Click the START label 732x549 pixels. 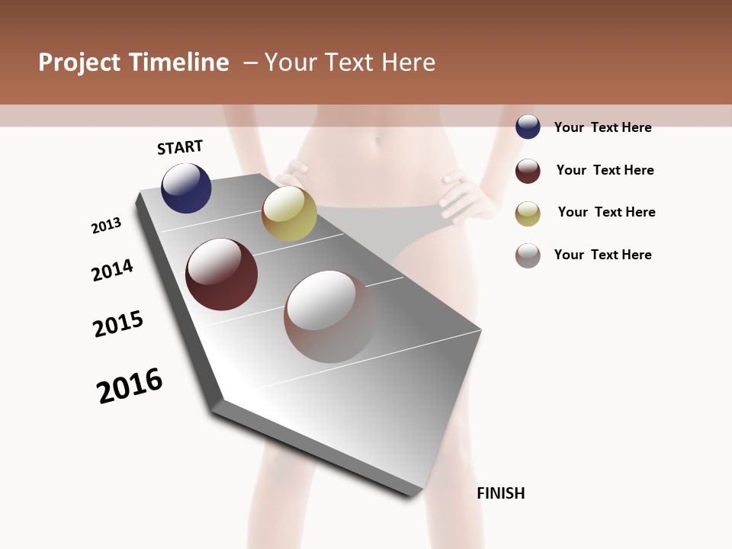[180, 147]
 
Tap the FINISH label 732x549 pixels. [501, 493]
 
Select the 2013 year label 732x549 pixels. [106, 226]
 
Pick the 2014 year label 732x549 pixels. [112, 271]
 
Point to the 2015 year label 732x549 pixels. [118, 325]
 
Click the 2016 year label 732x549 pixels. [130, 386]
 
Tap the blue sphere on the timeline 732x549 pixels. [186, 188]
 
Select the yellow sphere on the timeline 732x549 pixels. [289, 214]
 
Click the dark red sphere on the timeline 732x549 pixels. [221, 274]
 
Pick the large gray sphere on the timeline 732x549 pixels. [329, 316]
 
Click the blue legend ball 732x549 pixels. [528, 127]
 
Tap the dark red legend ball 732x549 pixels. [528, 171]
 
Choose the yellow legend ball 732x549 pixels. [528, 213]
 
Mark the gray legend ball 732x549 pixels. [528, 255]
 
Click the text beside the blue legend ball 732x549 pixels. [602, 127]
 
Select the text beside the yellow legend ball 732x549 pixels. [606, 212]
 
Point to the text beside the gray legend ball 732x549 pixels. [602, 255]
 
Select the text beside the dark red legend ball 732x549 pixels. [605, 170]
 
